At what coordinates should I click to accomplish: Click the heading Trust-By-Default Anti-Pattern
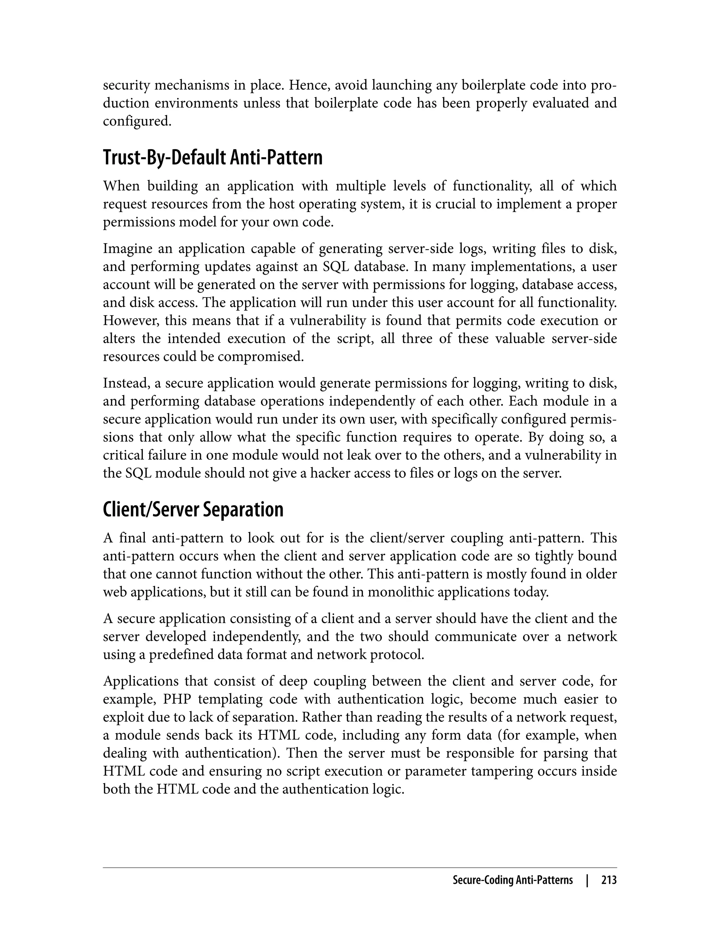pos(213,158)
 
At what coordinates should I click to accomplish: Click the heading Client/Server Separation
pos(193,509)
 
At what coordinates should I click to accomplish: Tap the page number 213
pos(609,880)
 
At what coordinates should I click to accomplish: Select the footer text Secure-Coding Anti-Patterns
pos(513,880)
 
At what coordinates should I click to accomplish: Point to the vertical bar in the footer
pos(587,880)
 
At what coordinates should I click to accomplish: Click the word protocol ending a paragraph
pos(399,655)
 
